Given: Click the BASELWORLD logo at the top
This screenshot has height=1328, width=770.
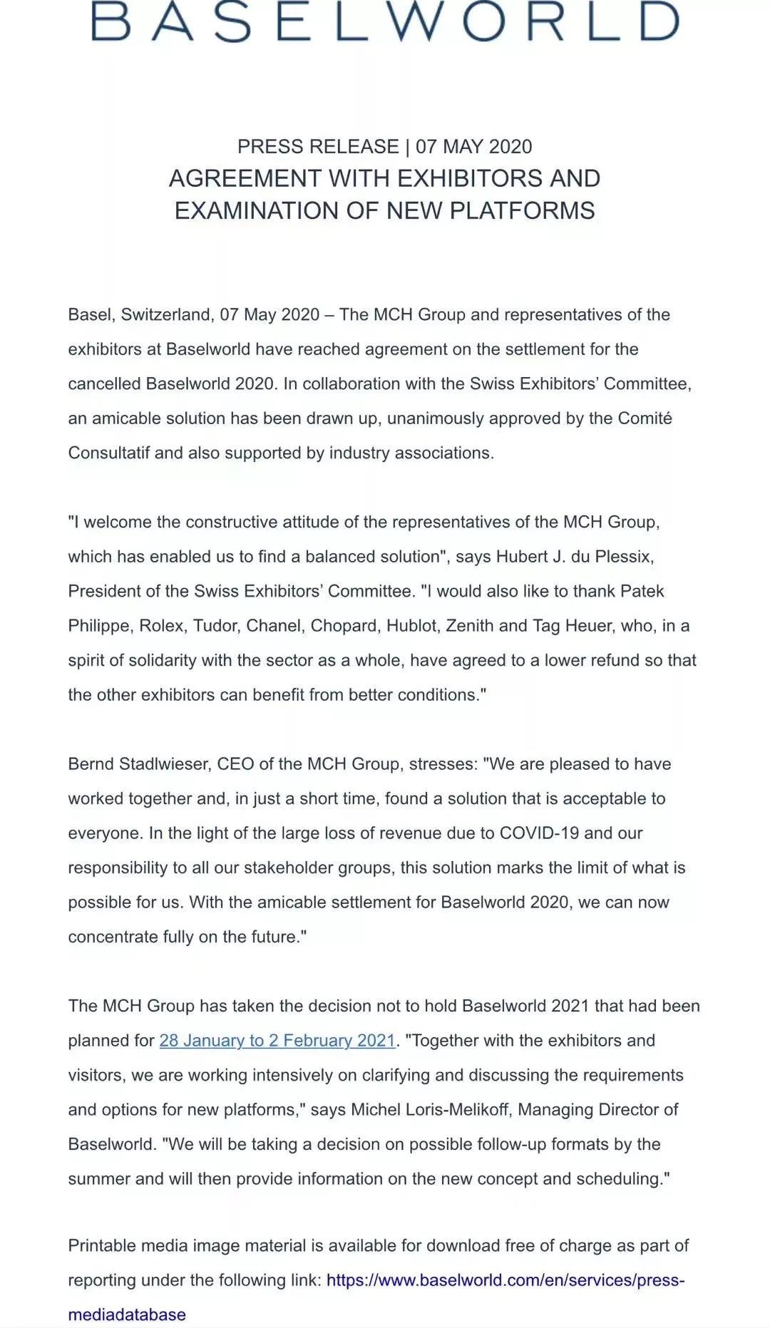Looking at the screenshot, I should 385,21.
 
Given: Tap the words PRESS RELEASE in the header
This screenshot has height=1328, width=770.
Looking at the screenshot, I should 318,147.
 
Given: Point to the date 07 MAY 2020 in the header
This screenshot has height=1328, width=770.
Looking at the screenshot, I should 474,147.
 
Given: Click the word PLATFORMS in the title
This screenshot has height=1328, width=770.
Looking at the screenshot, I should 526,211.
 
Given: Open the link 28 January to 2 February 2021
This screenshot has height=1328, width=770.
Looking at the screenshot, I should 277,1041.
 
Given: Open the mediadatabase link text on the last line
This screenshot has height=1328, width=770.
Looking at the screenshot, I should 127,1315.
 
